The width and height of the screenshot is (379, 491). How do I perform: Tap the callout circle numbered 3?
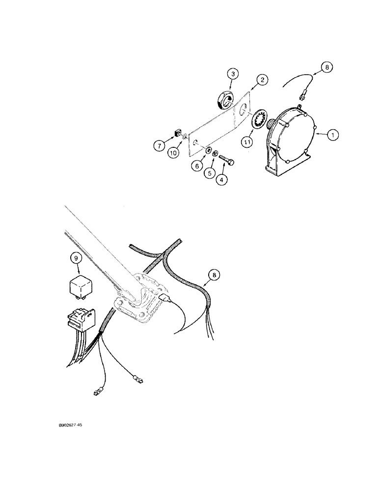pyautogui.click(x=234, y=74)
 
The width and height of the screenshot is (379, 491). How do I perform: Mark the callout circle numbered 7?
pyautogui.click(x=159, y=146)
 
